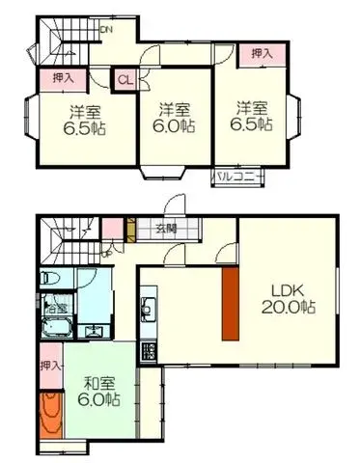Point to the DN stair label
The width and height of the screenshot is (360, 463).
[x=107, y=29]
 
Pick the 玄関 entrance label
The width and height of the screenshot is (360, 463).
[x=164, y=229]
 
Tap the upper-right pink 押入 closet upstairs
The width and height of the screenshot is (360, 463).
[x=262, y=54]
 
